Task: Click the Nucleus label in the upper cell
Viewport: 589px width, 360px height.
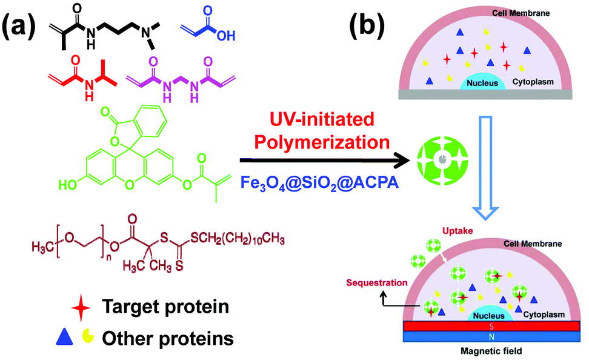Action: [x=482, y=82]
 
